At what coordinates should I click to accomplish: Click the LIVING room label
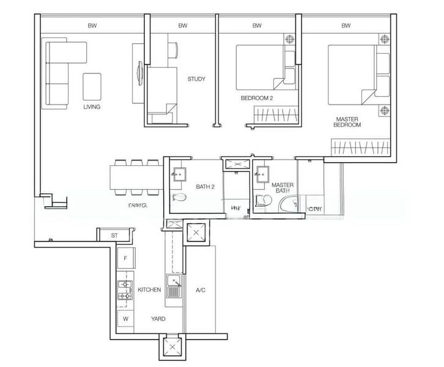tap(92, 106)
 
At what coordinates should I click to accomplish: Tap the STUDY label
tap(196, 79)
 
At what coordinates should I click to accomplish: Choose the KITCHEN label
tap(149, 289)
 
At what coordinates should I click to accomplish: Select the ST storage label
tap(114, 235)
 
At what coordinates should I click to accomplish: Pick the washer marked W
tap(125, 319)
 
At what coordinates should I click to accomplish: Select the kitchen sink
tap(174, 287)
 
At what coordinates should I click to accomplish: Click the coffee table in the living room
tap(92, 86)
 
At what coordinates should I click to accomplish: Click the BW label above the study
tap(182, 26)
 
